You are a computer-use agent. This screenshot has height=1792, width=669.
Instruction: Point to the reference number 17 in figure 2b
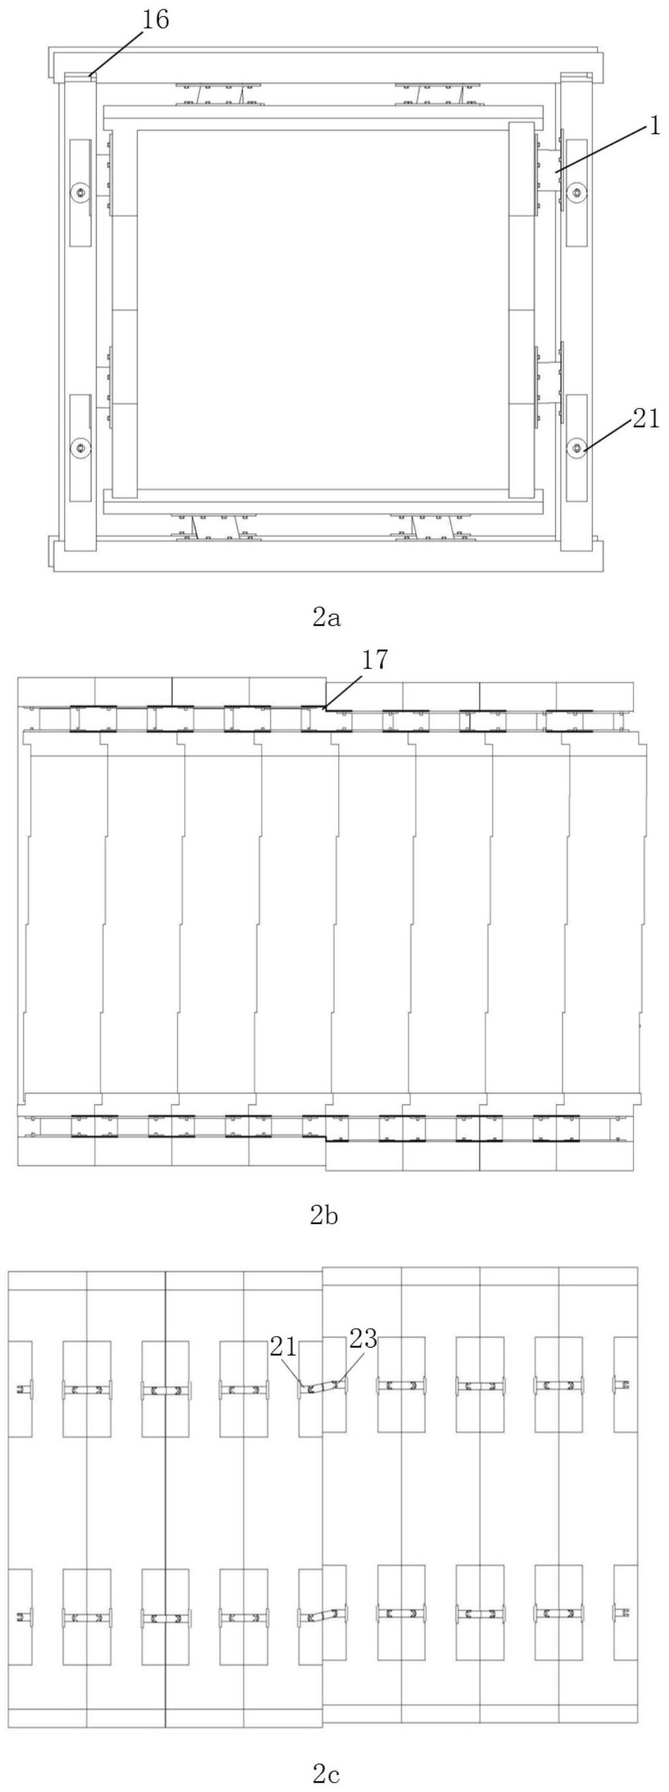[375, 659]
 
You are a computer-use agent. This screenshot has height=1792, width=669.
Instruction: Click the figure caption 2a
[326, 617]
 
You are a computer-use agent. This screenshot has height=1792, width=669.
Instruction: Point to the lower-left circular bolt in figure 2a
[81, 447]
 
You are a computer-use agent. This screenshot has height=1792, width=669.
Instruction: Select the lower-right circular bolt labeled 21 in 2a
[577, 447]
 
